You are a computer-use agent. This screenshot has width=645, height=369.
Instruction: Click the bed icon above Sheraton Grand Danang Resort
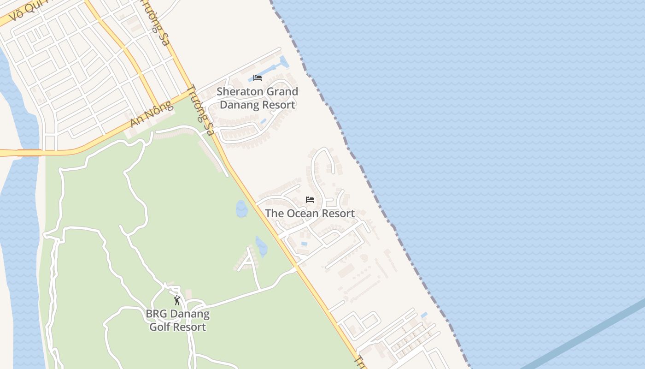tap(258, 78)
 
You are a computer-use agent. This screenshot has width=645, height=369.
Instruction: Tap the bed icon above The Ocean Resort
tap(310, 200)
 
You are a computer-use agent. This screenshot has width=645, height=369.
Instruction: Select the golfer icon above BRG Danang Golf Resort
tap(177, 301)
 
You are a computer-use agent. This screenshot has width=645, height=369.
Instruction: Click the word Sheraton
tap(237, 92)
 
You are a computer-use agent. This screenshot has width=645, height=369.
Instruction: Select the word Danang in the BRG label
tap(189, 315)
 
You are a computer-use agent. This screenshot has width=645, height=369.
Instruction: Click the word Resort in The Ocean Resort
tap(338, 214)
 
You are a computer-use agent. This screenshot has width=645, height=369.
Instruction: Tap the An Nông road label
tap(152, 114)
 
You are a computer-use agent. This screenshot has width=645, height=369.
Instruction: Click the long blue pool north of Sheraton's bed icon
tap(285, 62)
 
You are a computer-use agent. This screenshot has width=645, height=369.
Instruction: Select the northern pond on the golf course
tap(241, 209)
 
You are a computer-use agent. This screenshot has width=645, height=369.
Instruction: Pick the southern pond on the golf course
tap(261, 246)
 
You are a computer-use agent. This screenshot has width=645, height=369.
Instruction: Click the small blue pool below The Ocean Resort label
tap(304, 244)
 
